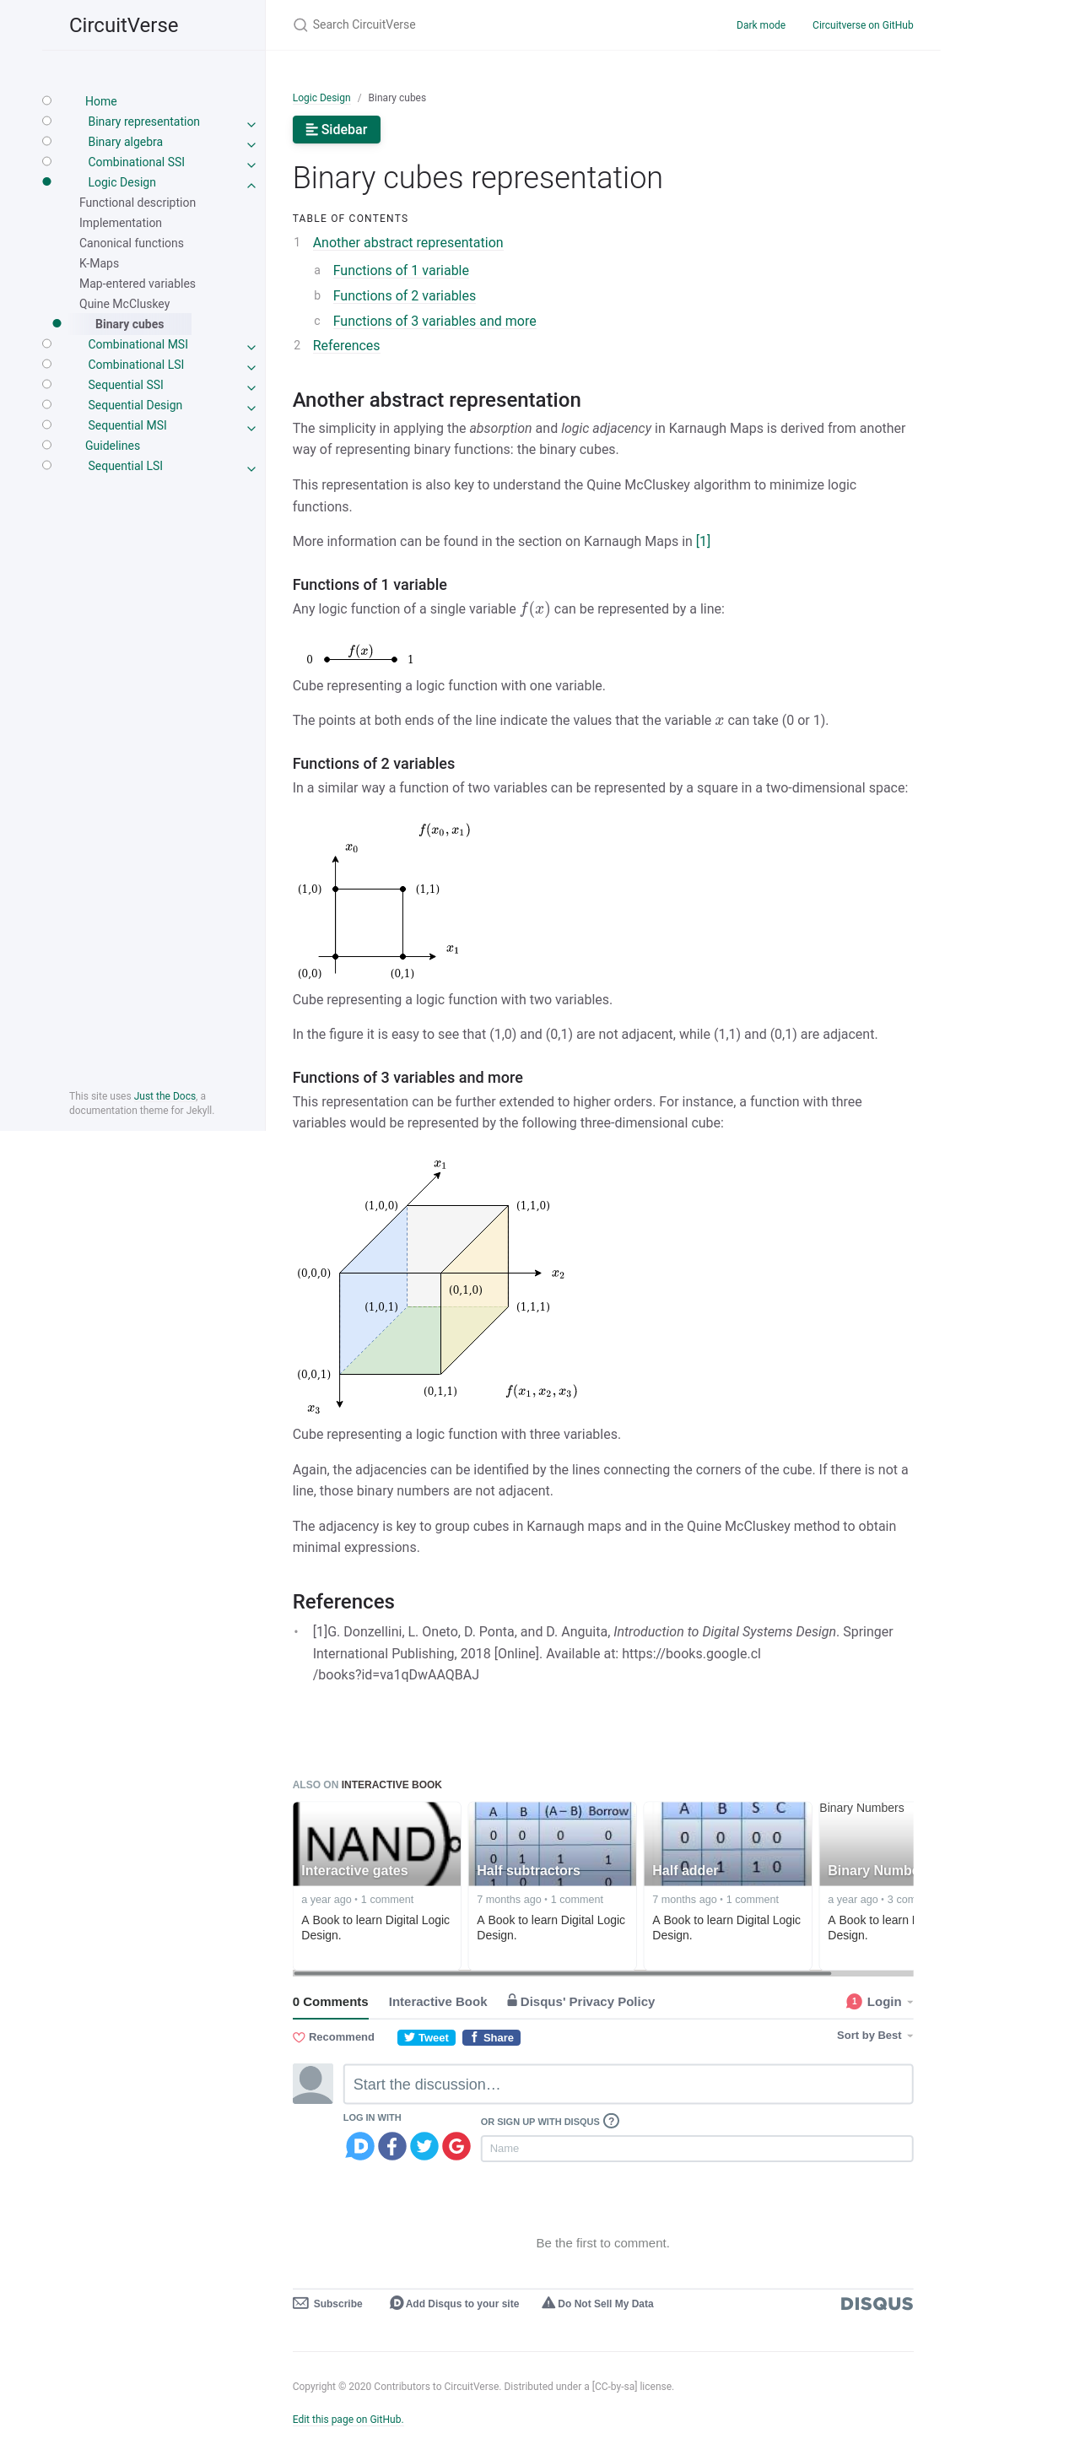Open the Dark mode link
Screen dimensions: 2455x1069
[759, 24]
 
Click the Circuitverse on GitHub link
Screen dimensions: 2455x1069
[861, 24]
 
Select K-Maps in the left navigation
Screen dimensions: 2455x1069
[99, 263]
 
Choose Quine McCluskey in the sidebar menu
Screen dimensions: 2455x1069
[124, 304]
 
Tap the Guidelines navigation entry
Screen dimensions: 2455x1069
[112, 445]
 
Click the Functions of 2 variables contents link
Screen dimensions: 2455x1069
[403, 295]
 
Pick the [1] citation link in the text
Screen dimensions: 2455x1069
[702, 541]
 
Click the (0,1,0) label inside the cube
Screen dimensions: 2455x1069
[465, 1290]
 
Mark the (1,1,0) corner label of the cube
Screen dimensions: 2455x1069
[532, 1206]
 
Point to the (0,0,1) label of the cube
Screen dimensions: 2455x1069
[314, 1374]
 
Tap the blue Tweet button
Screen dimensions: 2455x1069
[425, 2037]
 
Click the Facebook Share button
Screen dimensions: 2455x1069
[491, 2037]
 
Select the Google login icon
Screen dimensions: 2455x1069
[456, 2145]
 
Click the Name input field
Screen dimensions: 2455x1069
[695, 2148]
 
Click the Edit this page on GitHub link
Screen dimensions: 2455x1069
[347, 2419]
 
